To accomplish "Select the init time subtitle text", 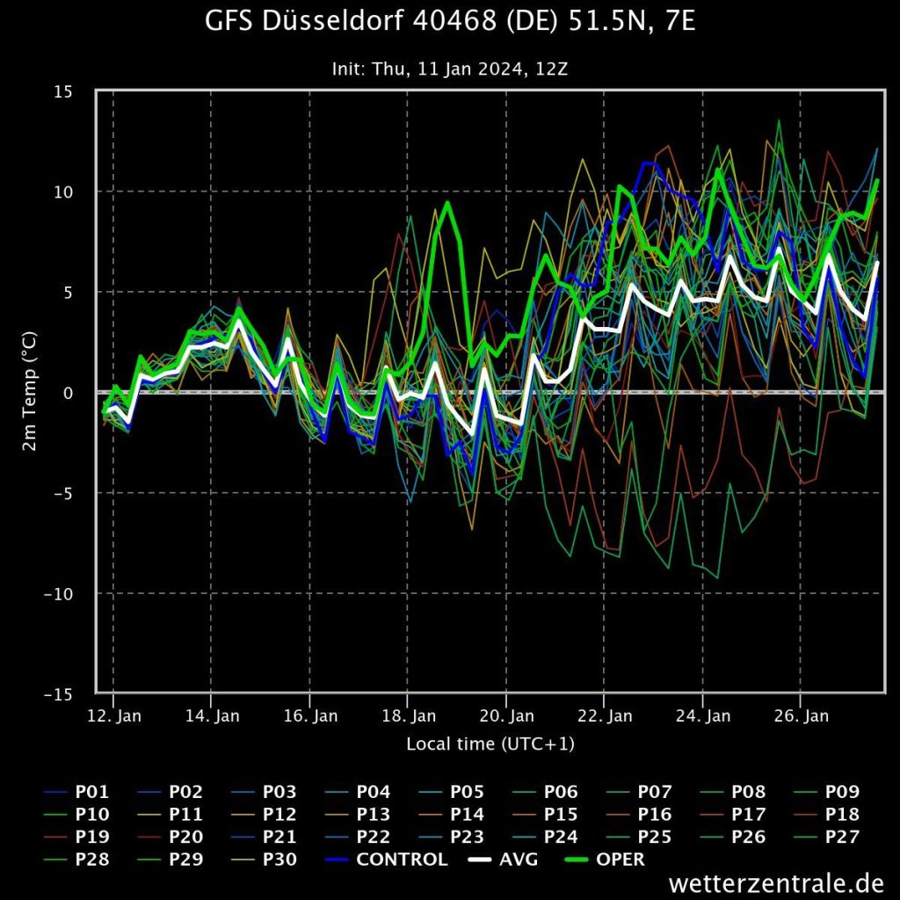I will coord(449,68).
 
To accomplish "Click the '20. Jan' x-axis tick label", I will coord(508,715).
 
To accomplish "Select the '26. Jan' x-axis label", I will coord(803,715).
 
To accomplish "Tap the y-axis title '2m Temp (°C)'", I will coord(29,392).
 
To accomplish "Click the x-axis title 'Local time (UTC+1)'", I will coord(490,744).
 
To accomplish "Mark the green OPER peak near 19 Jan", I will coord(447,203).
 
